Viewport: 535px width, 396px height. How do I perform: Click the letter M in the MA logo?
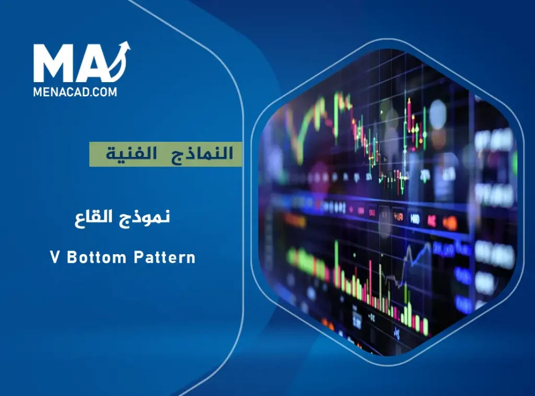click(x=52, y=64)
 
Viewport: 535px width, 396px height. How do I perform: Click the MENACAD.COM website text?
click(x=75, y=92)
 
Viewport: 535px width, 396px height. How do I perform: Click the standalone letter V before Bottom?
click(x=54, y=257)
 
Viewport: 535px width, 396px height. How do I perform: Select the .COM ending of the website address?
click(x=104, y=92)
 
